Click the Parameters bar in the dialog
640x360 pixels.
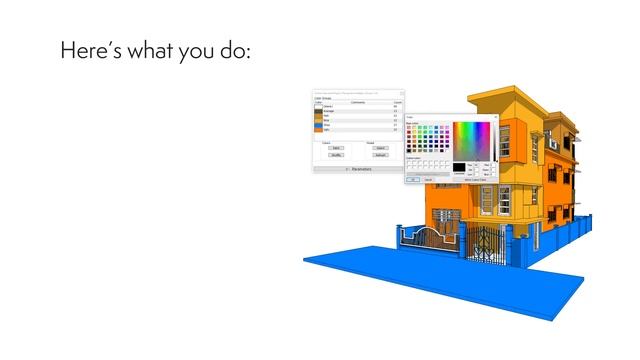[357, 169]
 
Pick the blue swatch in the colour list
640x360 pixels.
[318, 120]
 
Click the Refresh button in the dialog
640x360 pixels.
[381, 155]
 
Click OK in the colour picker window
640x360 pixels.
[412, 179]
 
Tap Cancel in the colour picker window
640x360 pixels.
[428, 179]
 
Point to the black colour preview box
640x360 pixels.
[459, 167]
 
